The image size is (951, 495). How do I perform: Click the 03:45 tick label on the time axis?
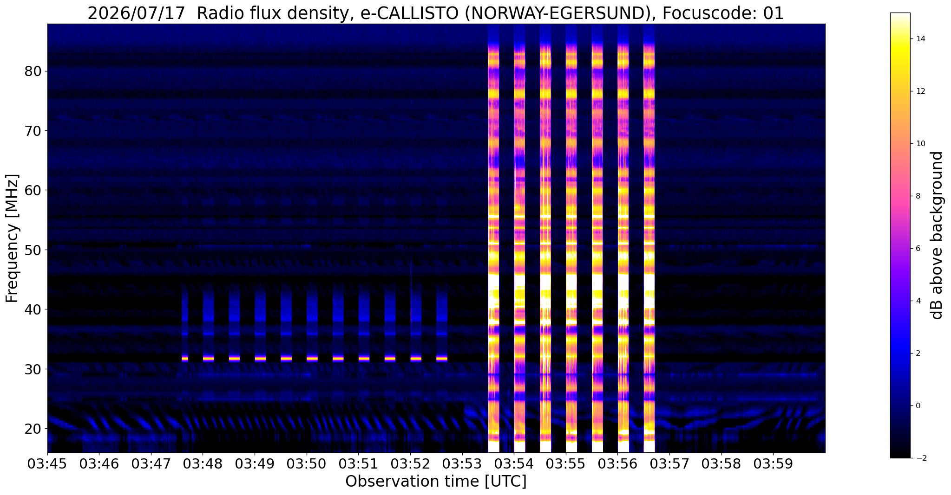(47, 464)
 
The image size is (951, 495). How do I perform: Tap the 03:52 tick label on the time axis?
(410, 464)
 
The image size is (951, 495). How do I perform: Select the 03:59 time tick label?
(773, 464)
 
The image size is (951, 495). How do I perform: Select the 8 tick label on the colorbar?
(918, 196)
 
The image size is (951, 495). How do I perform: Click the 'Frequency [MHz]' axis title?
(13, 238)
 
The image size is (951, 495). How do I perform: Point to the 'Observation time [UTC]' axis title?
(436, 482)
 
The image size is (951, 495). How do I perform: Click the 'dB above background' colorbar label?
(938, 235)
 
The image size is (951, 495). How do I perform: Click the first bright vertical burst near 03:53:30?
(493, 238)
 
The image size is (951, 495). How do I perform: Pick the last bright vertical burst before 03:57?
(649, 238)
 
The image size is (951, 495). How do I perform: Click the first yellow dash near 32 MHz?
(185, 358)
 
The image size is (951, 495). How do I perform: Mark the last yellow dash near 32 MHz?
(442, 358)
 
